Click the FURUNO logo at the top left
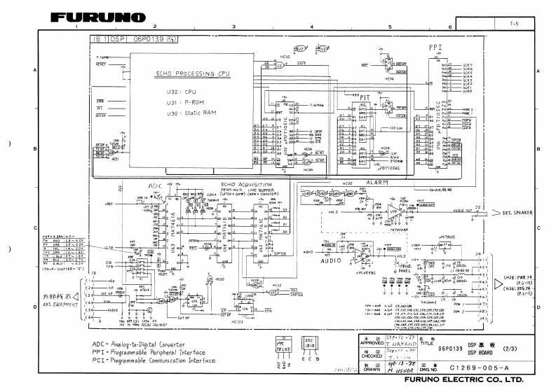tap(97, 15)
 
